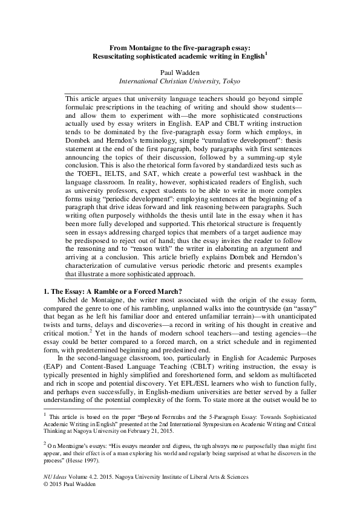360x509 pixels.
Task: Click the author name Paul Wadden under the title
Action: pyautogui.click(x=180, y=71)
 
